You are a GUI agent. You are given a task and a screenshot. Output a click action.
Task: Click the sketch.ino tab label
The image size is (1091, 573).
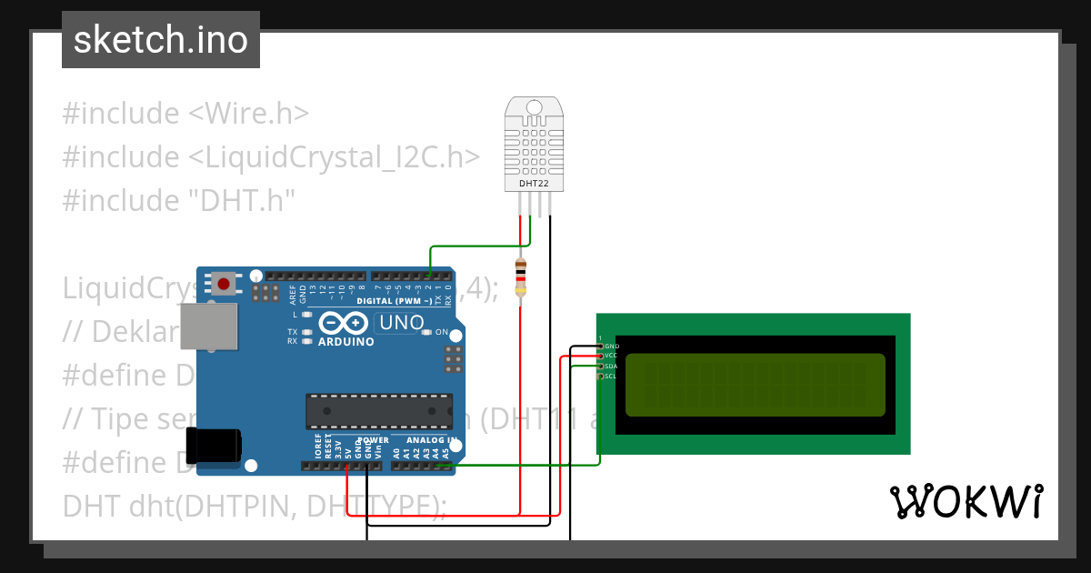[x=161, y=40]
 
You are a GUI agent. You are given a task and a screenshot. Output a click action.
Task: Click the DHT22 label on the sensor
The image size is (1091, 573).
[x=534, y=183]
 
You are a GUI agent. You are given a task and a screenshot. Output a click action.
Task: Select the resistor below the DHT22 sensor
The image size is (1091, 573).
[x=520, y=276]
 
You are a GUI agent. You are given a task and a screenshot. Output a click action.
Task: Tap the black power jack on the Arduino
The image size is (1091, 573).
[x=214, y=445]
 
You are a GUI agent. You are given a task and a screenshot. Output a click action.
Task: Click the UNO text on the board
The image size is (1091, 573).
[x=401, y=322]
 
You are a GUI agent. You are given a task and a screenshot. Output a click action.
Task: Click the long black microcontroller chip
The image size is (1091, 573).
[x=379, y=410]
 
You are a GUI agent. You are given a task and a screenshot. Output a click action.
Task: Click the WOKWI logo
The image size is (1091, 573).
[x=966, y=501]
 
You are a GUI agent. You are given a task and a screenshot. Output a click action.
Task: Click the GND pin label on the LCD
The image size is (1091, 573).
[x=612, y=346]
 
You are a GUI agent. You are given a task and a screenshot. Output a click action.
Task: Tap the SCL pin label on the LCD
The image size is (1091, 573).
[x=611, y=376]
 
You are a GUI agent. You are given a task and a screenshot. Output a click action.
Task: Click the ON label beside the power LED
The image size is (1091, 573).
[x=442, y=332]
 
